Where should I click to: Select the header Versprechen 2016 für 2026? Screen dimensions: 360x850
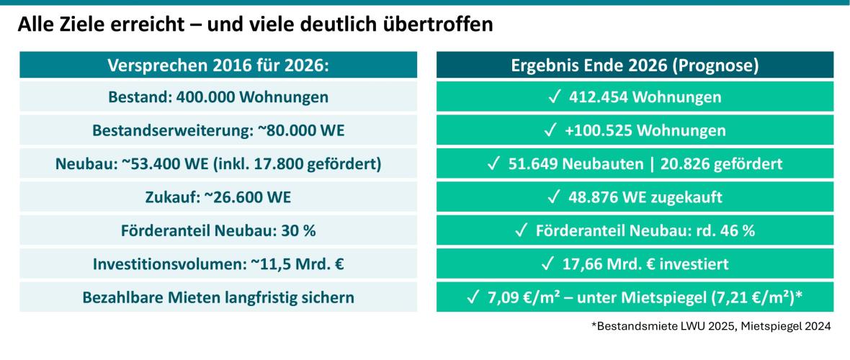pyautogui.click(x=218, y=65)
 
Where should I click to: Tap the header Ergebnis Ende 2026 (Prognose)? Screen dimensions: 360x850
pyautogui.click(x=635, y=65)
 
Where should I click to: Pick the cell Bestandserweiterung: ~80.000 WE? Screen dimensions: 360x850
pyautogui.click(x=218, y=130)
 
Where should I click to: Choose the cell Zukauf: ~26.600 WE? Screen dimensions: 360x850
pyautogui.click(x=218, y=197)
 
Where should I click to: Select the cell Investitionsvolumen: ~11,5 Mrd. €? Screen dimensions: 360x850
pyautogui.click(x=218, y=264)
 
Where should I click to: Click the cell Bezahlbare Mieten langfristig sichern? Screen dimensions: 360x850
pyautogui.click(x=218, y=297)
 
